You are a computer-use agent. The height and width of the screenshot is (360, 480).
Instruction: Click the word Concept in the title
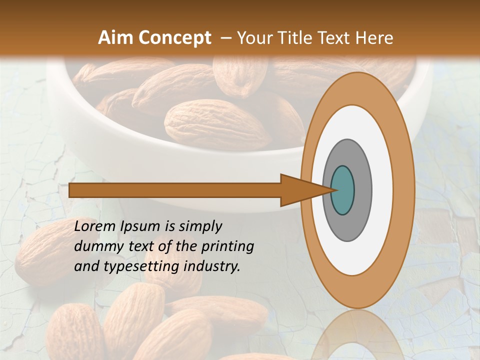(x=174, y=38)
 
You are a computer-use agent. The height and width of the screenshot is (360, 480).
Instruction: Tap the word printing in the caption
(x=227, y=246)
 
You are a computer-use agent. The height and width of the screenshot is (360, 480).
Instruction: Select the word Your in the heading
(x=255, y=38)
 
